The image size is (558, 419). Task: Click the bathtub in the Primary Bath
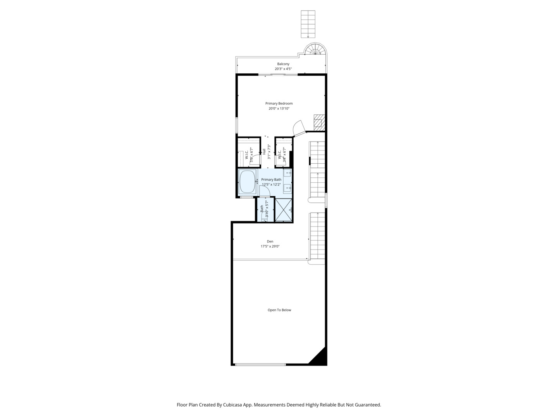[247, 182]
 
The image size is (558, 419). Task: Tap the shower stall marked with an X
[283, 209]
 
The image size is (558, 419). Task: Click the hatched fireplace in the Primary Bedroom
[318, 122]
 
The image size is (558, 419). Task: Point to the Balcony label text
[283, 64]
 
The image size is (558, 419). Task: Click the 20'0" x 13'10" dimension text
[279, 109]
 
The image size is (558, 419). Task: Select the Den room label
[270, 241]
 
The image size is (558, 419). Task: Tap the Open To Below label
[279, 310]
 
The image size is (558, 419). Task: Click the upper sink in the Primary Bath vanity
[287, 173]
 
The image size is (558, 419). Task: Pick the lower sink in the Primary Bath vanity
[287, 188]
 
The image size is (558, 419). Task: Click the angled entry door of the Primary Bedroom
[299, 128]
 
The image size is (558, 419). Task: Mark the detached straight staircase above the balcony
[308, 24]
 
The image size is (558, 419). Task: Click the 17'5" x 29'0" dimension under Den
[270, 246]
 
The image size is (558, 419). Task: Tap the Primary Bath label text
[271, 180]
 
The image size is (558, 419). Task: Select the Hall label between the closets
[264, 152]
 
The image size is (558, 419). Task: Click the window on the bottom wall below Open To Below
[260, 364]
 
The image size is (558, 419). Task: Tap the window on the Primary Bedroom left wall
[237, 125]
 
